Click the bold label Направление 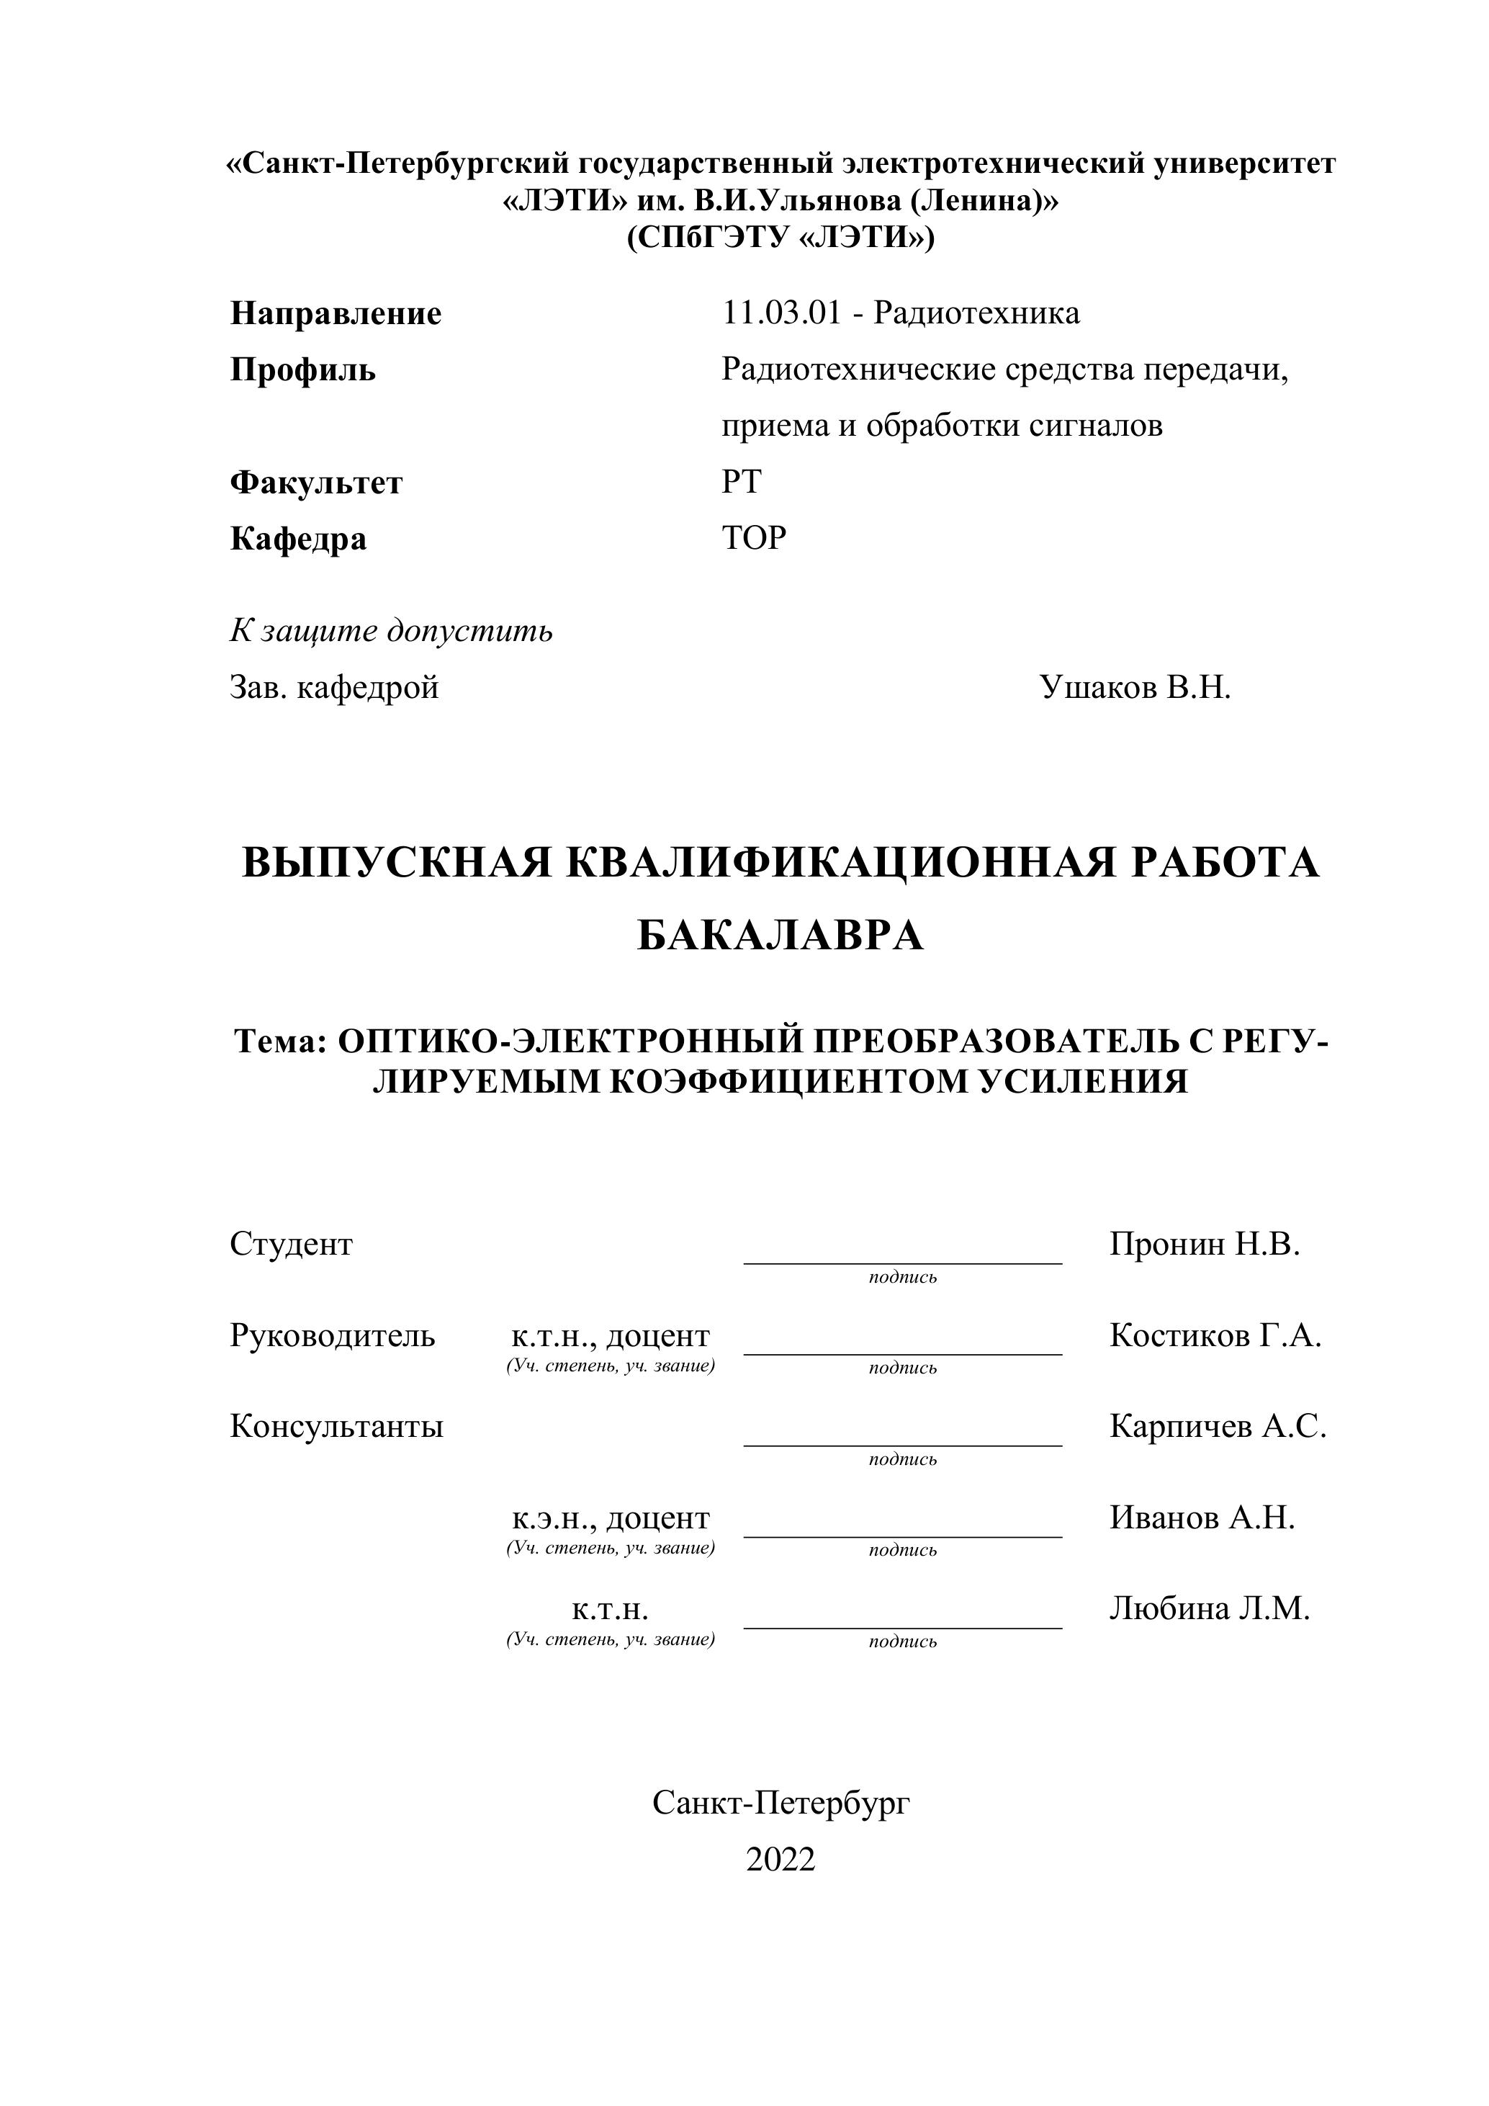(x=336, y=314)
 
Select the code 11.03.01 (x=781, y=314)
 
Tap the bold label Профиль (x=302, y=371)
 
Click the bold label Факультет (x=316, y=483)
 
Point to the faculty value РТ (x=741, y=482)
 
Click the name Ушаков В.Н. (x=1135, y=687)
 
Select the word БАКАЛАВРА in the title (x=781, y=936)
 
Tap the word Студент (x=291, y=1245)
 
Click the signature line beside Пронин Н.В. (x=902, y=1262)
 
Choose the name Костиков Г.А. (x=1215, y=1335)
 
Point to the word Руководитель (x=332, y=1335)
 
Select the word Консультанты (x=336, y=1426)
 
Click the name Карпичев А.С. (x=1218, y=1426)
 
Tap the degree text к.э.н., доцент (x=611, y=1518)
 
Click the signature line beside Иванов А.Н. (x=902, y=1536)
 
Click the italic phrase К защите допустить (x=392, y=631)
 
